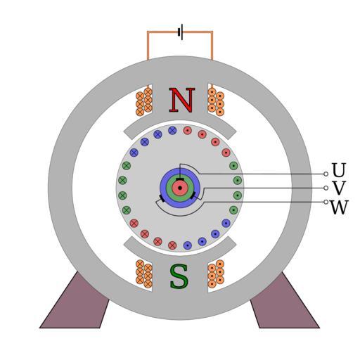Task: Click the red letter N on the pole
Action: [x=182, y=100]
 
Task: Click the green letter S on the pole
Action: [x=179, y=276]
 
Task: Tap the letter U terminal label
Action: [x=339, y=170]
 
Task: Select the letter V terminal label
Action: [x=339, y=188]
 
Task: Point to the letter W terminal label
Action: [x=339, y=207]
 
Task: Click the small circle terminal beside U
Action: [x=326, y=174]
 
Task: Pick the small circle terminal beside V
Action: [x=326, y=188]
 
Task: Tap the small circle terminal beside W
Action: [x=326, y=202]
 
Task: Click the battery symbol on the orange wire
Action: [x=181, y=32]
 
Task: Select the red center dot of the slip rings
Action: [x=180, y=188]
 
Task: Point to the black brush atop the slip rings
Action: [x=180, y=179]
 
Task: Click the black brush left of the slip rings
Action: [x=162, y=198]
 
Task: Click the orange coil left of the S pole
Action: [x=144, y=274]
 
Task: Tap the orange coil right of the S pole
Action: [x=216, y=274]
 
